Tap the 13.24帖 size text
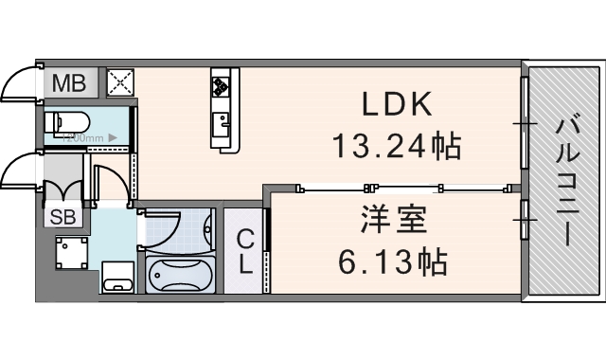point(396,147)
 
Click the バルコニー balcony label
point(567,180)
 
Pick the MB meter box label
point(68,83)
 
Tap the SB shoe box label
point(63,216)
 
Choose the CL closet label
point(245,251)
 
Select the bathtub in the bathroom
point(178,274)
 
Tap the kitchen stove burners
point(222,86)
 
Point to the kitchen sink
point(223,121)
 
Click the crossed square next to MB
point(121,83)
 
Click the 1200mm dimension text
point(85,137)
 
